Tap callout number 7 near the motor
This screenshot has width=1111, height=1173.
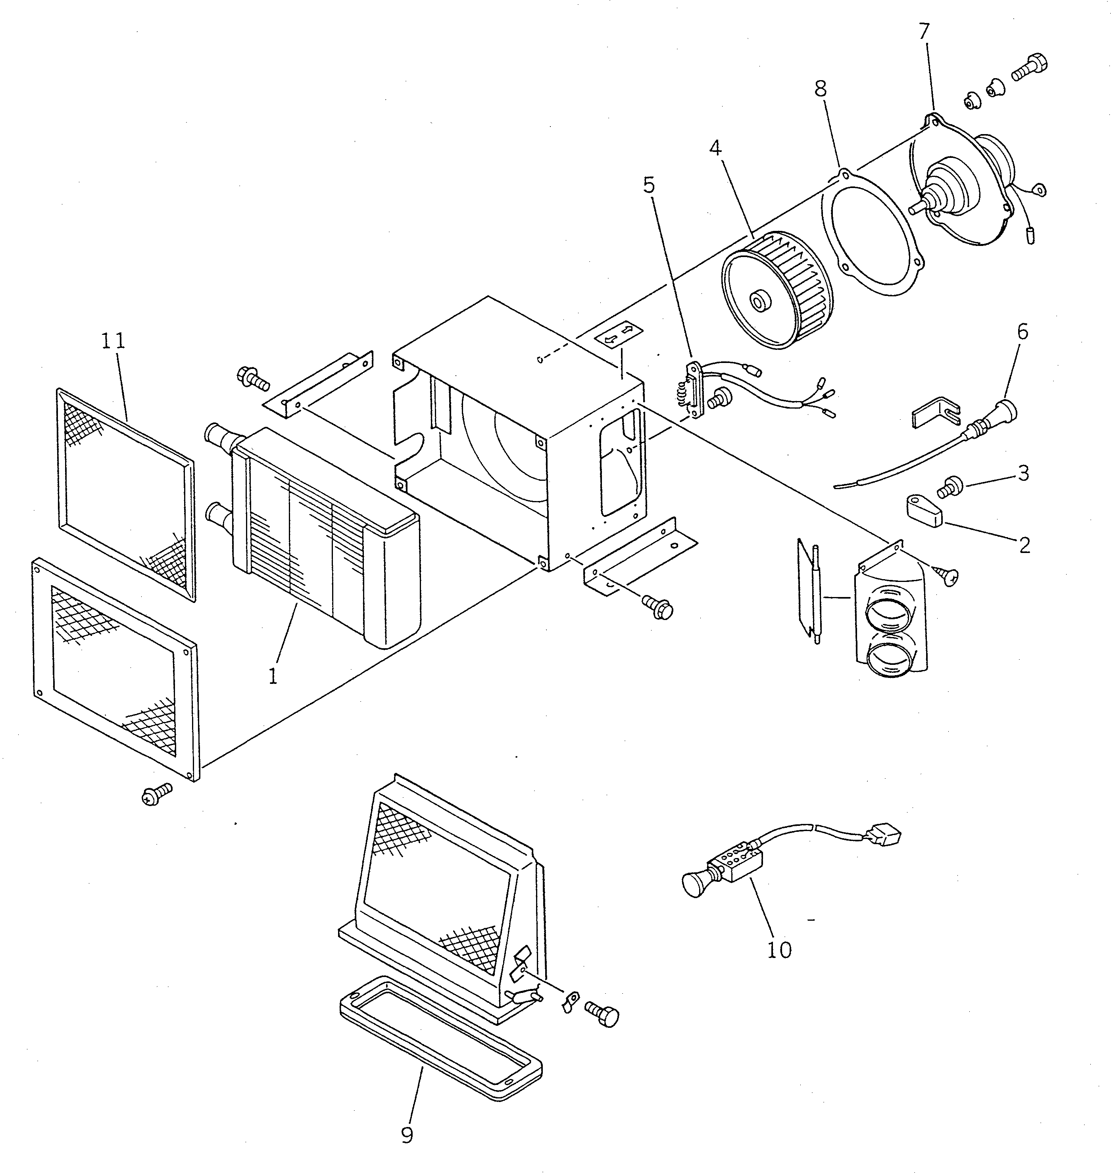coord(925,31)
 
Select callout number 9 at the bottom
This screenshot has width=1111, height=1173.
coord(407,1135)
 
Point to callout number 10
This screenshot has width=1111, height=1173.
coord(779,949)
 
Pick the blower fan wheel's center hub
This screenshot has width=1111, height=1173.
coord(757,301)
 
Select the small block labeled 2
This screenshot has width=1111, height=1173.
coord(924,511)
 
